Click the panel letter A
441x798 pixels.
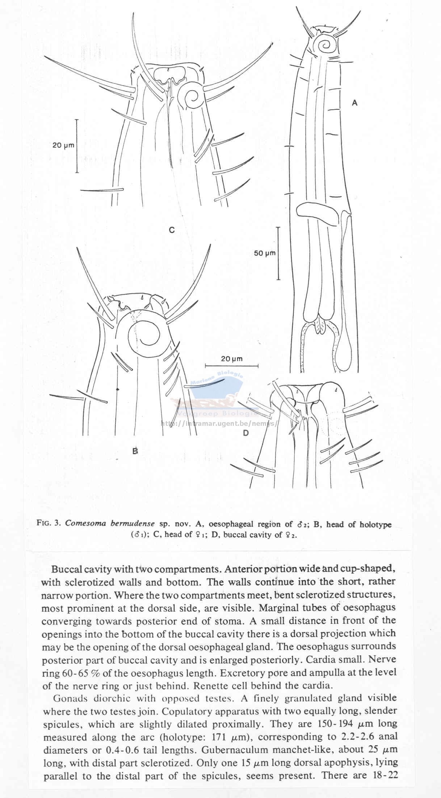pos(354,103)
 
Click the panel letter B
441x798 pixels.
pos(135,451)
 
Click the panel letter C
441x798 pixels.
pos(172,230)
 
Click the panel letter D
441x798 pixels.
pos(246,433)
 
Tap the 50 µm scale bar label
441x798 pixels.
pos(265,253)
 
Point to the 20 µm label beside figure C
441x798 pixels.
pos(63,145)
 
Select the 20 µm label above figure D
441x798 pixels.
pos(232,359)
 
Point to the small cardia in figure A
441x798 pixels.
pos(320,325)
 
